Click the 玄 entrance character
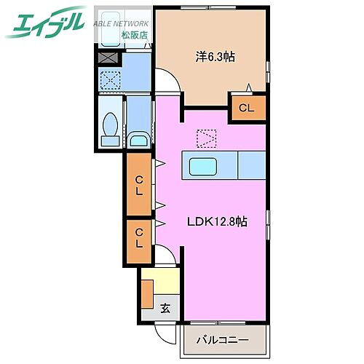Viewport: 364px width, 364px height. point(165,308)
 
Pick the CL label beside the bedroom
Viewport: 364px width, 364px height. point(248,108)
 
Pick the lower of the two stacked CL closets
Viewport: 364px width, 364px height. point(138,240)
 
